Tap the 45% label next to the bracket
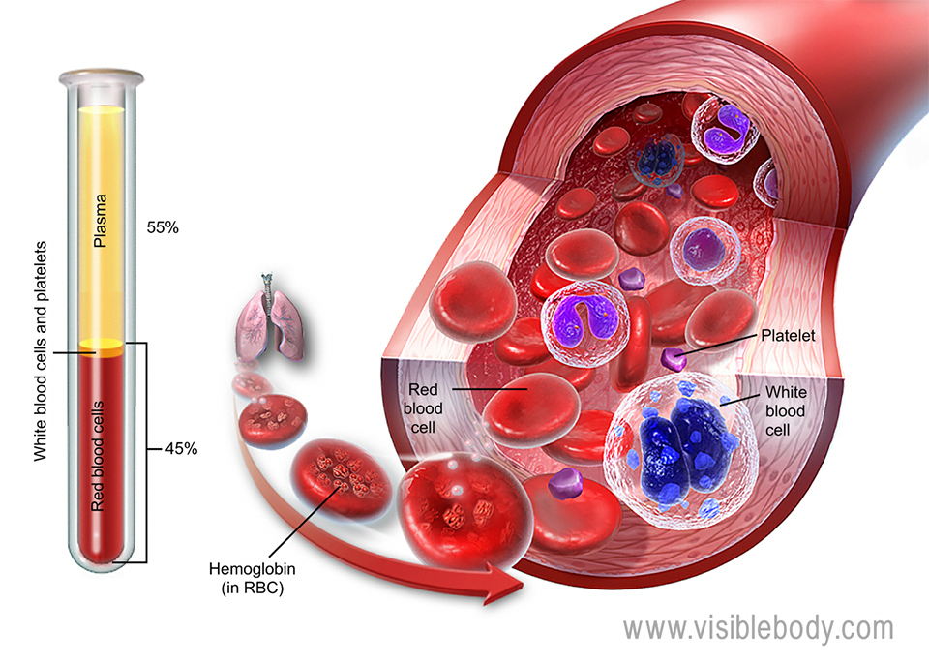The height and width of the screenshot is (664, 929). (x=181, y=448)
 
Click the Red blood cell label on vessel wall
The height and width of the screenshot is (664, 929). (x=421, y=407)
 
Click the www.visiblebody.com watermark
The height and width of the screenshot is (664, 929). (x=758, y=627)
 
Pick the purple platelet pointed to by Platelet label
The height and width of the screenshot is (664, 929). (x=673, y=361)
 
